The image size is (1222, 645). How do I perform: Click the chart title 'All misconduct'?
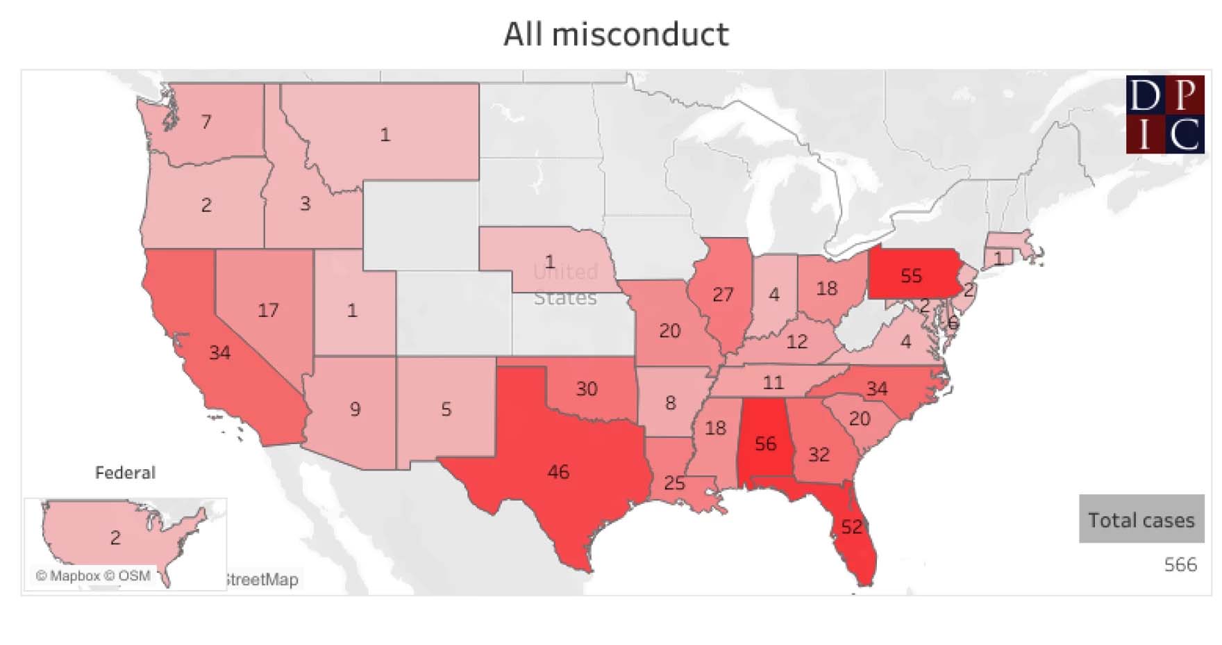point(616,35)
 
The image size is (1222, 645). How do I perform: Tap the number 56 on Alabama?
point(765,443)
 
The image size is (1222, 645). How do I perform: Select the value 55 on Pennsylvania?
point(911,276)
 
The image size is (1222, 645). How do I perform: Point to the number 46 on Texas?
point(558,472)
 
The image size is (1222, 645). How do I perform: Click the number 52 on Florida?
point(852,527)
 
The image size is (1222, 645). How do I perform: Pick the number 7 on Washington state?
point(206,122)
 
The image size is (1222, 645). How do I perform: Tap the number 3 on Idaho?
point(305,204)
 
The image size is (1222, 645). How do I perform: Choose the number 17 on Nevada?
point(268,310)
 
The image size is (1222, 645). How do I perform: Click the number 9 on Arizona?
point(355,409)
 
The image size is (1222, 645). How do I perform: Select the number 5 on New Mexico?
point(446,409)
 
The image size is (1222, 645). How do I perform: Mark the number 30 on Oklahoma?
point(587,389)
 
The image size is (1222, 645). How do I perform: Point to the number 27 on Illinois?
point(723,295)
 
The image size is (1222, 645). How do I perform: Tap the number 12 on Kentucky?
point(796,341)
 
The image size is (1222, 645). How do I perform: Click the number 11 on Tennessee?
point(773,382)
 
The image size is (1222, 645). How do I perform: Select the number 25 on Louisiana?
point(674,482)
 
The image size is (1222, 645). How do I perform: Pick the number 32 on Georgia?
point(819,455)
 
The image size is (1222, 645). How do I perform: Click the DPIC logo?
point(1164,114)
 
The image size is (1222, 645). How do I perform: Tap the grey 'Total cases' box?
point(1141,519)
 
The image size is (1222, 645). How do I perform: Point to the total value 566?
point(1180,564)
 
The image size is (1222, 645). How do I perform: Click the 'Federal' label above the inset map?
point(125,473)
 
